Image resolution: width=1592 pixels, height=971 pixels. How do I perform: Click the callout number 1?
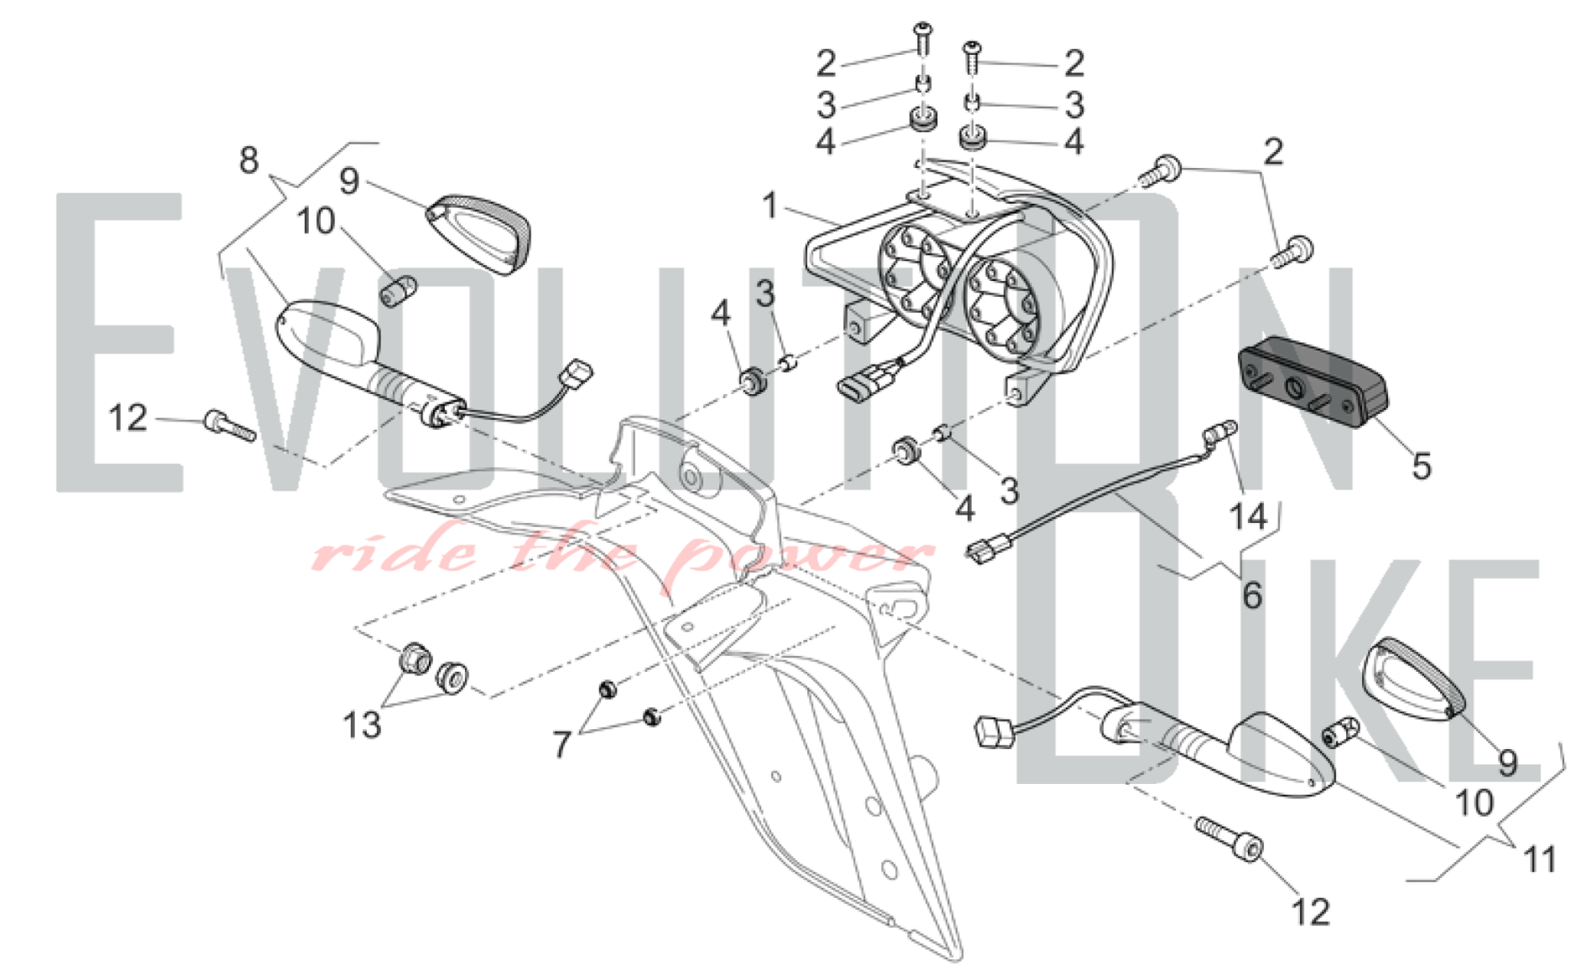click(770, 206)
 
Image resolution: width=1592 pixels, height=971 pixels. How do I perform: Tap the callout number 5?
click(1422, 466)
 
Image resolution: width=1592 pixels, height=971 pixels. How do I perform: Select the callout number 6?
click(1252, 595)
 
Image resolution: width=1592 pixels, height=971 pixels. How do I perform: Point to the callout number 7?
click(562, 745)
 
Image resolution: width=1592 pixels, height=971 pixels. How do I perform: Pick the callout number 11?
click(1539, 860)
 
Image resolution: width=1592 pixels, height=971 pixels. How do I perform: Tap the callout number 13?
click(362, 725)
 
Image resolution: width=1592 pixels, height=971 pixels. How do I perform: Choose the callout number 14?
click(1248, 517)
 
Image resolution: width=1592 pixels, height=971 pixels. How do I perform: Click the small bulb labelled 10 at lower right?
click(1340, 731)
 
